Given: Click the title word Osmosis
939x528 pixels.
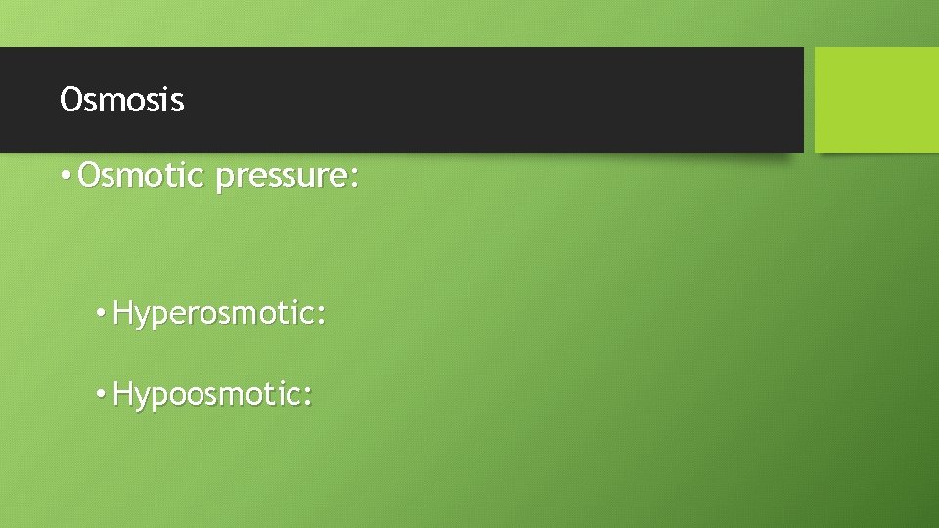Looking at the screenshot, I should tap(121, 100).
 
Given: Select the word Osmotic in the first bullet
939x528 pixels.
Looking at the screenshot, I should tap(141, 177).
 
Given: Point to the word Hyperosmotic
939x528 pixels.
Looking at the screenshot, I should tap(216, 315).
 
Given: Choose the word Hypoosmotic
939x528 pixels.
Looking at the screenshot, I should tap(209, 395).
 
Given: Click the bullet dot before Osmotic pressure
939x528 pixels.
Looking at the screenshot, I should tap(64, 178).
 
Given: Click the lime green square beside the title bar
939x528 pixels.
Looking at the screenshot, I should tap(875, 100).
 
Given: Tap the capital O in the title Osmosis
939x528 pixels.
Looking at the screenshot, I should tap(70, 100).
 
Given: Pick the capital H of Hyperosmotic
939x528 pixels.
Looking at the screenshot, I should tap(124, 314).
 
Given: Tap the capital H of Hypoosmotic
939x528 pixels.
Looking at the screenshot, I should tap(124, 394).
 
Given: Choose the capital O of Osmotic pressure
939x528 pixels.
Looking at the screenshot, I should tap(90, 177).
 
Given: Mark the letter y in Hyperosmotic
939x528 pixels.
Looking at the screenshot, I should tap(143, 319).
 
